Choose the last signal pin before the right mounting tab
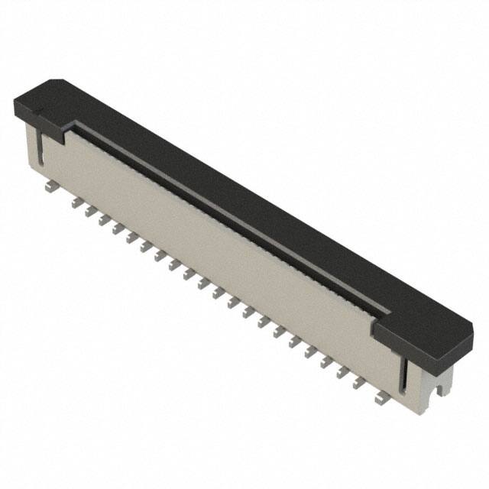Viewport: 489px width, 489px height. tap(357, 384)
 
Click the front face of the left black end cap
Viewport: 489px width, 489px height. tap(38, 122)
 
